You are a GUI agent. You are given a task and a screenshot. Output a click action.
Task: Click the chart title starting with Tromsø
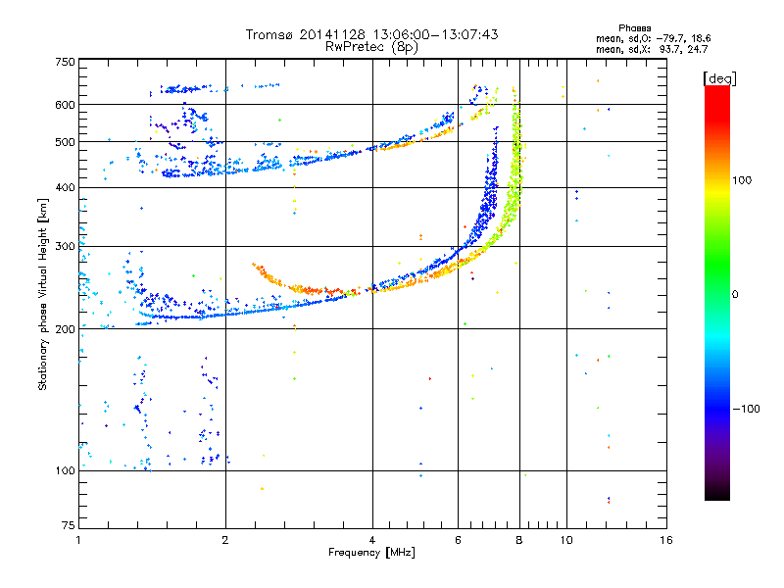[x=372, y=34]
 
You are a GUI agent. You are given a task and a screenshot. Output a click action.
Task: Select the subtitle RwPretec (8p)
[x=372, y=47]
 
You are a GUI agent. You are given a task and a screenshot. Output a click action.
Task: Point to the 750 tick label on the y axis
[x=66, y=62]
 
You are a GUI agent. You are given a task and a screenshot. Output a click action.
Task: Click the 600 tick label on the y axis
[x=66, y=105]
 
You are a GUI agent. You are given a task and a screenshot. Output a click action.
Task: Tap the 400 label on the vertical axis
[x=66, y=187]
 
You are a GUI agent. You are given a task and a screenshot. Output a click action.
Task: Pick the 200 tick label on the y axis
[x=66, y=329]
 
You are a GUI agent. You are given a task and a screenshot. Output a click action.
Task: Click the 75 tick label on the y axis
[x=69, y=525]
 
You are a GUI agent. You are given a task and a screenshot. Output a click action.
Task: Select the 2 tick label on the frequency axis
[x=225, y=540]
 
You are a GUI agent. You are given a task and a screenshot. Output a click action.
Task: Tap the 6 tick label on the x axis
[x=458, y=540]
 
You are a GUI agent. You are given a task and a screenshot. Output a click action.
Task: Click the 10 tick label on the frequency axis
[x=566, y=540]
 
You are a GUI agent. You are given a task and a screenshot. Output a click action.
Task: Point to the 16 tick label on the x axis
[x=666, y=540]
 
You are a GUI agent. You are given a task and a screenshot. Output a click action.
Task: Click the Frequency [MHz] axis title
[x=372, y=553]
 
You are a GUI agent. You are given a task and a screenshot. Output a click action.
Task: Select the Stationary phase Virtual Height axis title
[x=42, y=294]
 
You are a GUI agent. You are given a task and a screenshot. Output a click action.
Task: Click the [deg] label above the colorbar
[x=720, y=79]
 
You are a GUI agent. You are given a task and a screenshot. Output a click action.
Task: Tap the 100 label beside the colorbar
[x=742, y=180]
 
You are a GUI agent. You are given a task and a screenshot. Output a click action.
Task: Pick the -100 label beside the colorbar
[x=746, y=409]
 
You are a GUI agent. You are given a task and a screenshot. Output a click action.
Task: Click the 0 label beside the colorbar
[x=735, y=295]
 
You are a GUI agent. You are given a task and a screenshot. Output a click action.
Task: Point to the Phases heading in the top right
[x=635, y=28]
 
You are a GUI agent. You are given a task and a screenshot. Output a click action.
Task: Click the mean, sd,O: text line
[x=623, y=38]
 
